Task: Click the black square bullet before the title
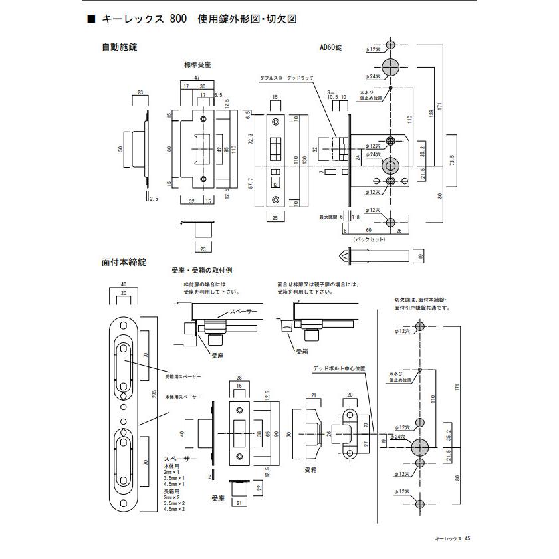pyautogui.click(x=91, y=20)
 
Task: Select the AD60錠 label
pyautogui.click(x=330, y=47)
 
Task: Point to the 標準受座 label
pyautogui.click(x=197, y=64)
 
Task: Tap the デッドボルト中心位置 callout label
pyautogui.click(x=340, y=368)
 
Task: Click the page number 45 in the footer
pyautogui.click(x=468, y=539)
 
